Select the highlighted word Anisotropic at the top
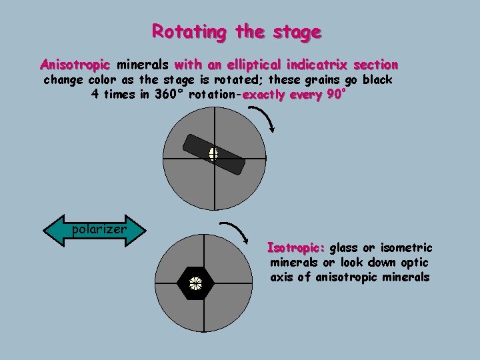click(x=75, y=65)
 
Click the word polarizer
click(x=98, y=229)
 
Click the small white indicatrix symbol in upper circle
click(x=213, y=154)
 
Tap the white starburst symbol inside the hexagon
click(x=195, y=283)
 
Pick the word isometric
click(x=407, y=248)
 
